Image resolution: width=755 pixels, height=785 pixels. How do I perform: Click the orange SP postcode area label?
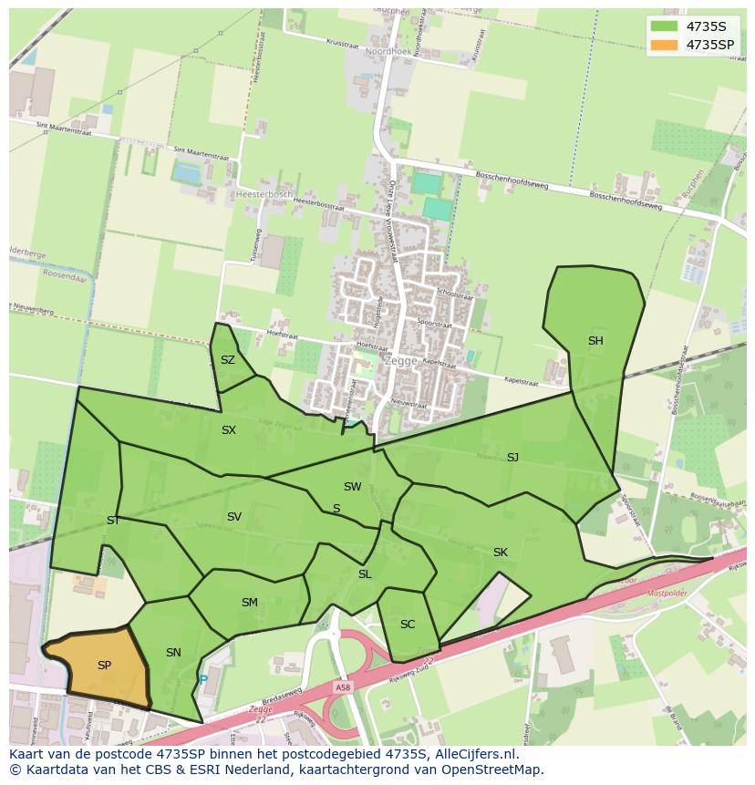tap(104, 666)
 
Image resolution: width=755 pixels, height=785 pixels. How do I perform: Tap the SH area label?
tap(595, 341)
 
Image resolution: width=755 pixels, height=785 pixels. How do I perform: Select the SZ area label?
tap(228, 360)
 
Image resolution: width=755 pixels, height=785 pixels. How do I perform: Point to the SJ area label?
tap(512, 457)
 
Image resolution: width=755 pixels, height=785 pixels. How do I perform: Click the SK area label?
tap(501, 553)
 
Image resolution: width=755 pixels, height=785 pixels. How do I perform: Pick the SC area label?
tap(408, 625)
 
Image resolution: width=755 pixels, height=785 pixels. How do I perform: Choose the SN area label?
tap(173, 653)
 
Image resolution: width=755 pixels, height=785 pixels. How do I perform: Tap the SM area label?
tap(250, 603)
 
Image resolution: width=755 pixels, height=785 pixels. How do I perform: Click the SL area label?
tap(365, 574)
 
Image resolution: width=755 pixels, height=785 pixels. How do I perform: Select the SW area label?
tap(352, 487)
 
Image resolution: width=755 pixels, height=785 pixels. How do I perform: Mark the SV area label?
tap(234, 517)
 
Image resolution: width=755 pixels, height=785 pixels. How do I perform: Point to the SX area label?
tap(229, 430)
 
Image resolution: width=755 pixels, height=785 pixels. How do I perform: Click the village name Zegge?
tap(400, 360)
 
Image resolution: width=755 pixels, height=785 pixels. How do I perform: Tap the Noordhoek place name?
tap(388, 52)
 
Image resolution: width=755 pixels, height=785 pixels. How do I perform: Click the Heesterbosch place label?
tap(263, 195)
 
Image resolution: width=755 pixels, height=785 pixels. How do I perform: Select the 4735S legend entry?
tap(706, 26)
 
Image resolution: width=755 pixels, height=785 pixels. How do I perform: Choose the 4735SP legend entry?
tap(709, 44)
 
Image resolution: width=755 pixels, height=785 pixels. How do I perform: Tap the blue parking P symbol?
tap(202, 679)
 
